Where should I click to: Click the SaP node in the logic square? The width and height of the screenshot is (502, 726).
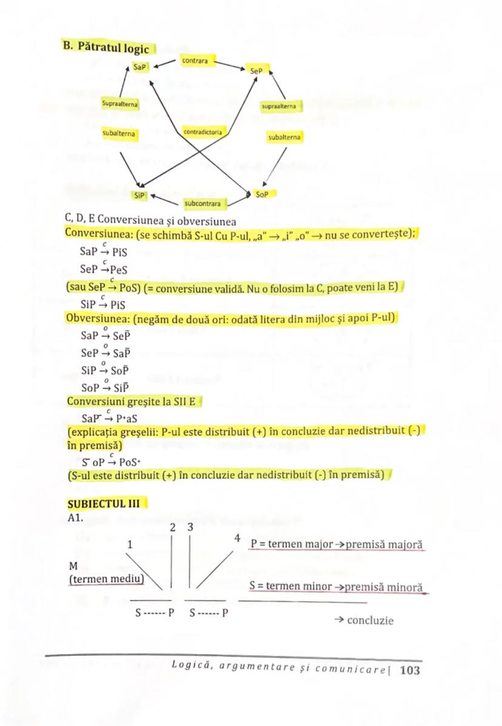tap(141, 67)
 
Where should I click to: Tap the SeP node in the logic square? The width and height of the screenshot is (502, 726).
tap(257, 71)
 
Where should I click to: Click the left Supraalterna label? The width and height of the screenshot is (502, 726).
tap(120, 104)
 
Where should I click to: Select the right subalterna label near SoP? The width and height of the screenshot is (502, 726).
tap(284, 137)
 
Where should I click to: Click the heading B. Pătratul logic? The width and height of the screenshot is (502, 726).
tap(106, 47)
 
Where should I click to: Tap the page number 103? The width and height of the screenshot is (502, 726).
tap(410, 670)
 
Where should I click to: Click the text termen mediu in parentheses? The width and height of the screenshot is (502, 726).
tap(107, 579)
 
